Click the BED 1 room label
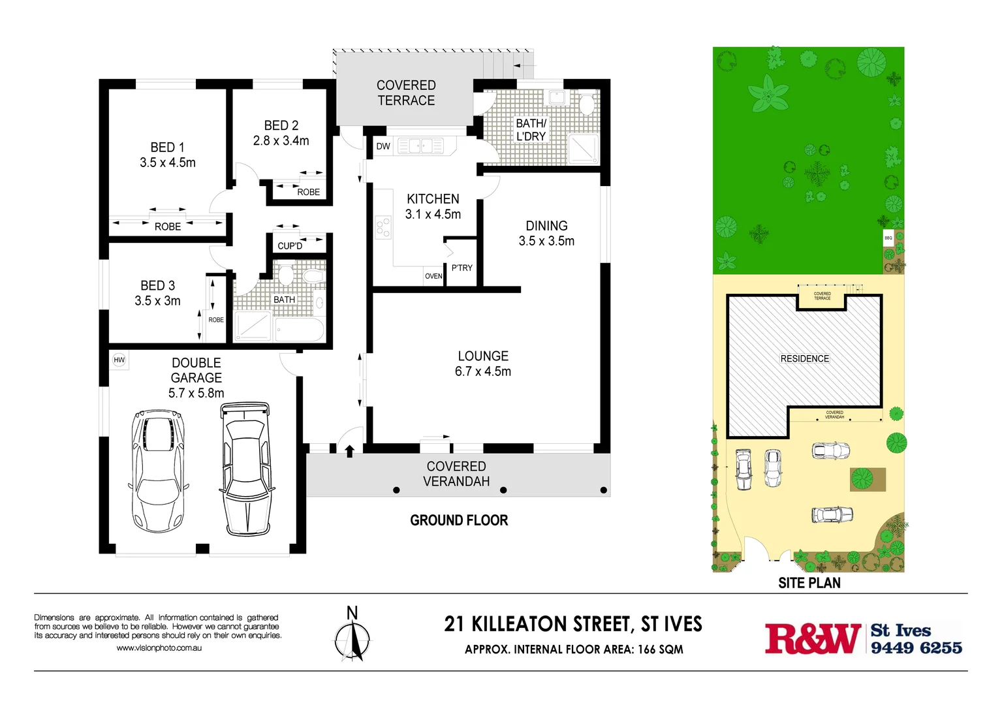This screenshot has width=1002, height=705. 167,148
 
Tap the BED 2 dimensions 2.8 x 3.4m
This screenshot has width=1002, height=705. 281,140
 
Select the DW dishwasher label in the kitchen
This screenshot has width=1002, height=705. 383,146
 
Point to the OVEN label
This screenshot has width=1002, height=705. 433,276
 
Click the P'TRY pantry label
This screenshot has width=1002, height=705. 462,268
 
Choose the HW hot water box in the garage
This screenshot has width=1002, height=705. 119,360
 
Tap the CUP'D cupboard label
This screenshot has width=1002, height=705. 290,246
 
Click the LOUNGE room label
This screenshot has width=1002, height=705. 482,356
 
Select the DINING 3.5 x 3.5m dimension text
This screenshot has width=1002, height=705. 546,241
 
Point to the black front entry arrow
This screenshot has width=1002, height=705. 349,450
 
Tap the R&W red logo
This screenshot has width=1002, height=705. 812,638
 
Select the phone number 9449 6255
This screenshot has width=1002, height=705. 916,648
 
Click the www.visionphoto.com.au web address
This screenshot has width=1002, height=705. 159,648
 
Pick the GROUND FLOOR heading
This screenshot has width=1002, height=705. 459,520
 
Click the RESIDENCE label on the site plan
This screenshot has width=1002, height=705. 804,358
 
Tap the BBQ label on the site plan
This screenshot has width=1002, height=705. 888,238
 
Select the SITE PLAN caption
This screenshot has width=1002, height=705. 809,583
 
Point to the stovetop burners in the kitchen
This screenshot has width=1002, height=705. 383,228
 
